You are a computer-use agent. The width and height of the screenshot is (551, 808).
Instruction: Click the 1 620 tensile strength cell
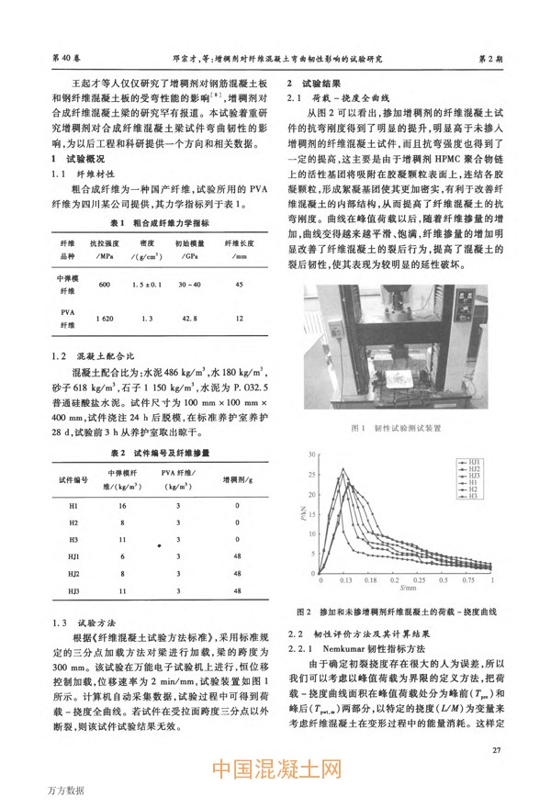[104, 318]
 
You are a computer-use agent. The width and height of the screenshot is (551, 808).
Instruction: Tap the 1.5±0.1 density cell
[147, 285]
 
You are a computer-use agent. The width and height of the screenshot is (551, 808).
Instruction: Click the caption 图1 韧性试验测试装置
[404, 428]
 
